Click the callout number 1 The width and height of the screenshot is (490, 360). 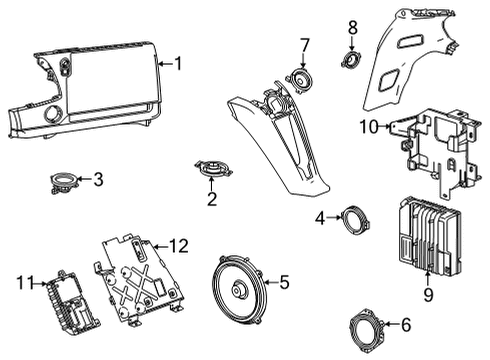(178, 65)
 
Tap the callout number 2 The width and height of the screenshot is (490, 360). (212, 199)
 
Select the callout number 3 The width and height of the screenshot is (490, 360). (97, 180)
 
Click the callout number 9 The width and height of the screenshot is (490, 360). (430, 294)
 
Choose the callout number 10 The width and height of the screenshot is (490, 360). (368, 127)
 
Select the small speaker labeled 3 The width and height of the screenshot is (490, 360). (65, 183)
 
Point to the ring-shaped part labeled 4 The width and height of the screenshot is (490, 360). (352, 219)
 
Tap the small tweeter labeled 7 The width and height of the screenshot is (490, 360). (299, 78)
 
